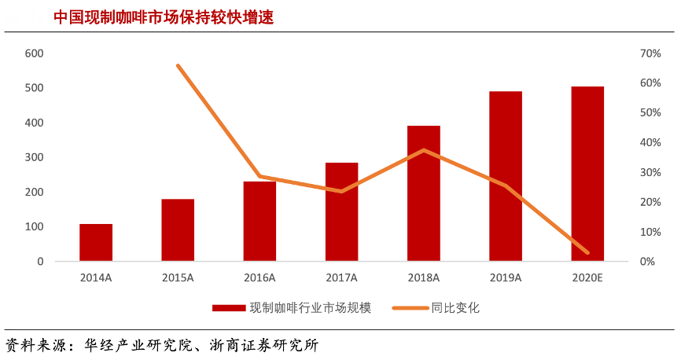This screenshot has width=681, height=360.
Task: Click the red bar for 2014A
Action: (96, 242)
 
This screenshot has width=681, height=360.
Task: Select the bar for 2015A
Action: (178, 230)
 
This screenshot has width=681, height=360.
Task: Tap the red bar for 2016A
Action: (260, 221)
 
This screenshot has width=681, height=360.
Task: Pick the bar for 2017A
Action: (341, 211)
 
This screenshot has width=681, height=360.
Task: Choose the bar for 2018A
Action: (423, 193)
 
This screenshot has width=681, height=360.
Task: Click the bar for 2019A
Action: (506, 176)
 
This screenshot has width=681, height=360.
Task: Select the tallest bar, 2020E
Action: (587, 174)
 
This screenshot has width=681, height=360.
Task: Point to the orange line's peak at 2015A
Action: (178, 65)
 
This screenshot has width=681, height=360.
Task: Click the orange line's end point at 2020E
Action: (587, 252)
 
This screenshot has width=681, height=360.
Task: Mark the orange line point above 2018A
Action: (423, 150)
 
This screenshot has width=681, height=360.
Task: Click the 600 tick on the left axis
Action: (34, 53)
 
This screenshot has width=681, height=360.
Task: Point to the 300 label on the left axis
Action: (34, 157)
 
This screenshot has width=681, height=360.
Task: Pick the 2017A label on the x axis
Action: (341, 277)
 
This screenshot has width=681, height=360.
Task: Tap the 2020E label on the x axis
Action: (587, 277)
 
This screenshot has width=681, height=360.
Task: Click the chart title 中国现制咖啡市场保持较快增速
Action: (164, 17)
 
